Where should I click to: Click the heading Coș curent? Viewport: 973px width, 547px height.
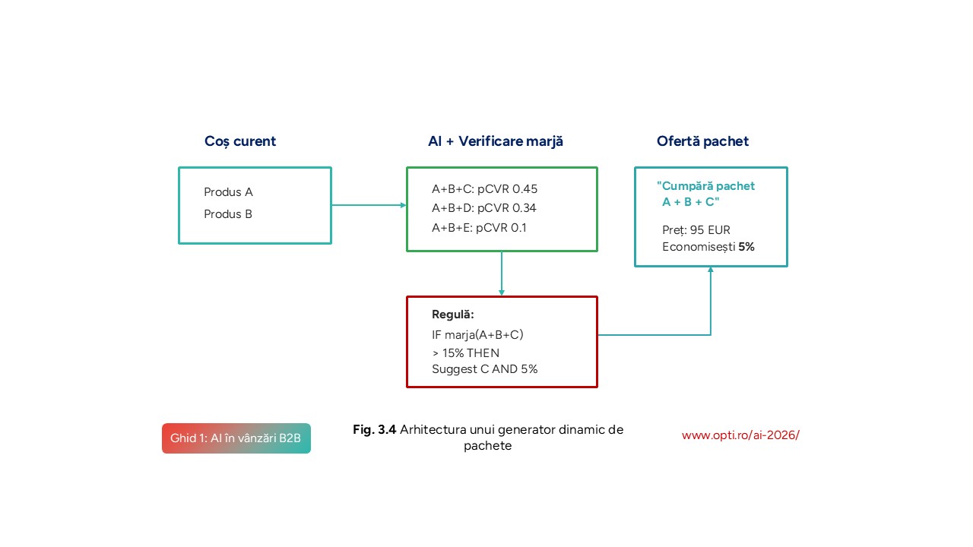click(240, 141)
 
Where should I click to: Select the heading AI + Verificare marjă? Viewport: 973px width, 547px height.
click(496, 141)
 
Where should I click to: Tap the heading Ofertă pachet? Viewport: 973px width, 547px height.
click(702, 141)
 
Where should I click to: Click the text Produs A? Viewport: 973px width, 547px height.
click(228, 192)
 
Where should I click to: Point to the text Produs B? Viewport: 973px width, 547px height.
click(228, 214)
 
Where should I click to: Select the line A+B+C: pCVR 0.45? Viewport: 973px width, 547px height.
click(484, 189)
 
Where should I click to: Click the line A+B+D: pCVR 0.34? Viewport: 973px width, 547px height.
click(484, 208)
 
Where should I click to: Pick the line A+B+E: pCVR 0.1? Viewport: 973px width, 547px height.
click(479, 227)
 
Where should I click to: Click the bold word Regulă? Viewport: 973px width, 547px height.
click(453, 315)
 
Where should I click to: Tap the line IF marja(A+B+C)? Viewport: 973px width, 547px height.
click(477, 334)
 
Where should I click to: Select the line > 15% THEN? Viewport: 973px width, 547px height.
click(466, 353)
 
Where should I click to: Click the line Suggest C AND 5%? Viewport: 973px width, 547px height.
click(485, 369)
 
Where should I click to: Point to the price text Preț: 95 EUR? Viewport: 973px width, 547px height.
click(696, 230)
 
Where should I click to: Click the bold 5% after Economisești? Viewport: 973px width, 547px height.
click(746, 247)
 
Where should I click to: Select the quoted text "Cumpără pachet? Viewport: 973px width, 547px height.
click(706, 186)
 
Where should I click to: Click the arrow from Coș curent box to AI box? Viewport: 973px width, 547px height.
click(369, 205)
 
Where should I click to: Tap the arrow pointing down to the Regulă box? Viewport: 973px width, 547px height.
click(502, 273)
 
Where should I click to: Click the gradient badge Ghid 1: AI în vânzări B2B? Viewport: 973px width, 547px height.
click(236, 438)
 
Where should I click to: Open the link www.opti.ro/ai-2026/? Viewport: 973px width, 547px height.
click(740, 435)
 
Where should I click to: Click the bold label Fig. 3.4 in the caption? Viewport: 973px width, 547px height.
click(375, 430)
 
